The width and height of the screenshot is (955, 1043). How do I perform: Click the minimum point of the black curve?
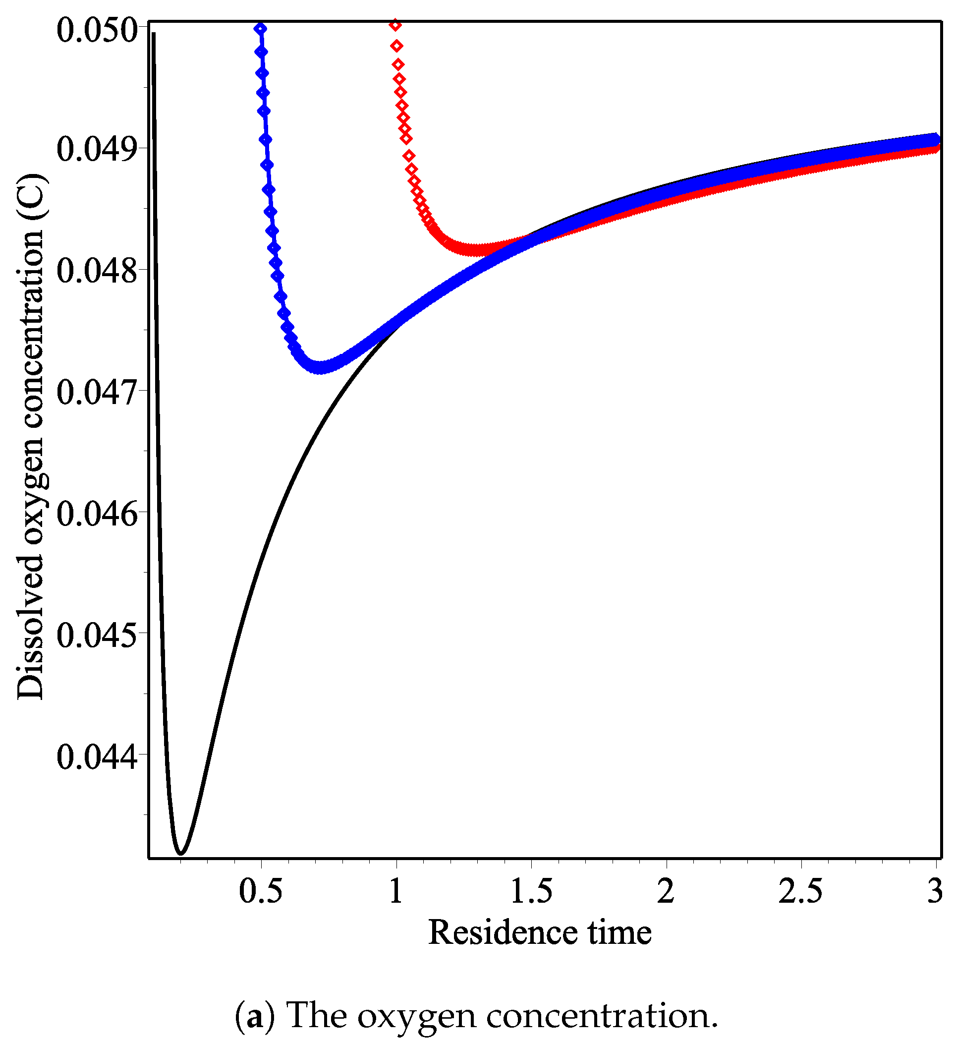click(181, 852)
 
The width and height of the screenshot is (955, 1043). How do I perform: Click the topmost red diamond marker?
click(396, 25)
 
